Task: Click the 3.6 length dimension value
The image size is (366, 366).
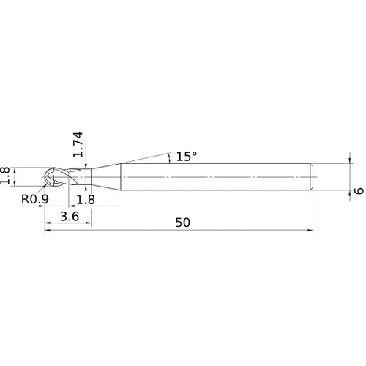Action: click(x=70, y=217)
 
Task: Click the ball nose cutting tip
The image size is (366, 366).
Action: click(x=53, y=178)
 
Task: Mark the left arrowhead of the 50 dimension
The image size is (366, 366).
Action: click(x=48, y=231)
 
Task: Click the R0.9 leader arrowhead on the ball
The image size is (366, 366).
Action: click(x=48, y=184)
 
